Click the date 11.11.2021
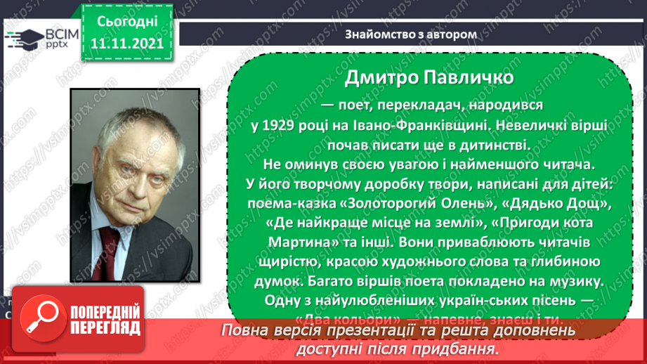[127, 43]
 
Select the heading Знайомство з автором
[411, 34]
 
